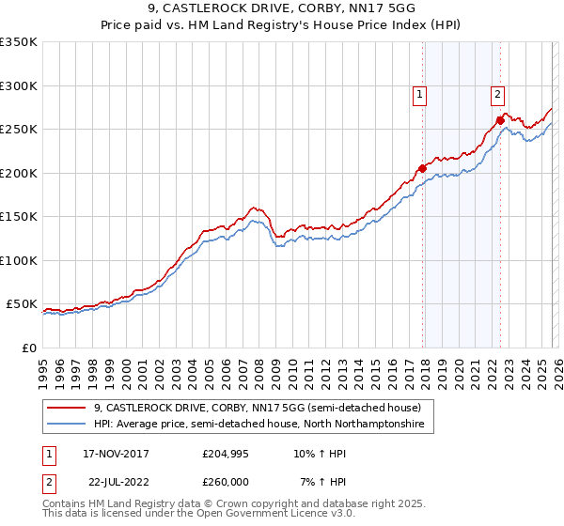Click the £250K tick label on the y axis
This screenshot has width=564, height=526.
[x=18, y=130]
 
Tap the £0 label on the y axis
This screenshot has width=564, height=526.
[x=29, y=348]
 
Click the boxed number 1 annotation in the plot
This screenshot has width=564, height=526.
[x=418, y=94]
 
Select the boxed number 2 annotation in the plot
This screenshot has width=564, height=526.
[x=496, y=94]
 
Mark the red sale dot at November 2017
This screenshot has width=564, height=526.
[x=422, y=169]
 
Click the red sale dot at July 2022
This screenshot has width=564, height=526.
[x=500, y=120]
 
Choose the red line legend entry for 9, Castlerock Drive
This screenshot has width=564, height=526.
[x=263, y=408]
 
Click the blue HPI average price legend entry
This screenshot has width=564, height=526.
[x=258, y=425]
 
